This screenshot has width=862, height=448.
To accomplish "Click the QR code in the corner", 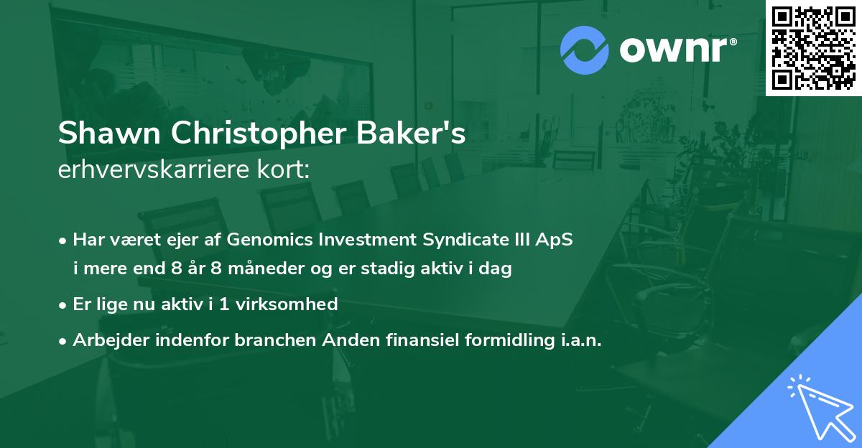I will (813, 47).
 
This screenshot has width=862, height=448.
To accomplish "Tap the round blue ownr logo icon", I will (585, 50).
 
